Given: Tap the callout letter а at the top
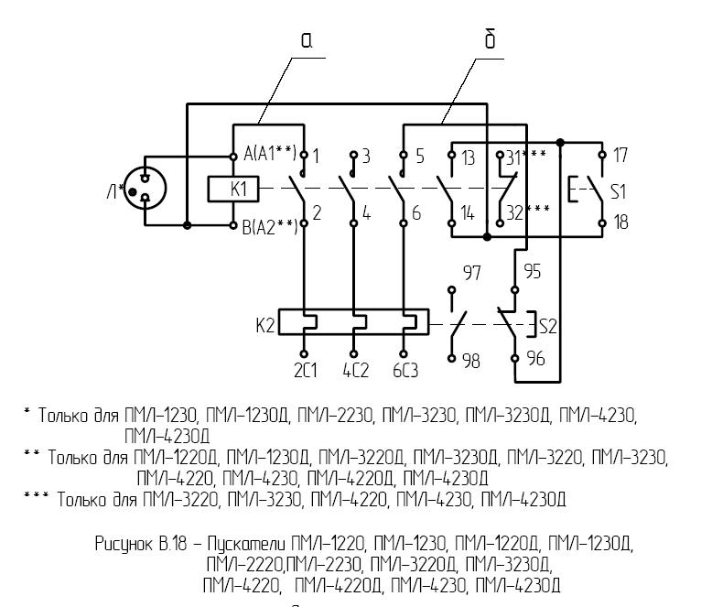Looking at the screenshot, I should (x=307, y=39).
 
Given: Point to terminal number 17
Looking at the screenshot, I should (x=620, y=156).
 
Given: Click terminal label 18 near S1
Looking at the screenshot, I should (x=620, y=222).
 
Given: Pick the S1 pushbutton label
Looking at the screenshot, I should (x=620, y=190).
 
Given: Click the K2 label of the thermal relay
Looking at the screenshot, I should (x=264, y=324).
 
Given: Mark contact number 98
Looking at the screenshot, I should (x=470, y=361).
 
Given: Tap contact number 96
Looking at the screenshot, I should (x=535, y=360).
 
